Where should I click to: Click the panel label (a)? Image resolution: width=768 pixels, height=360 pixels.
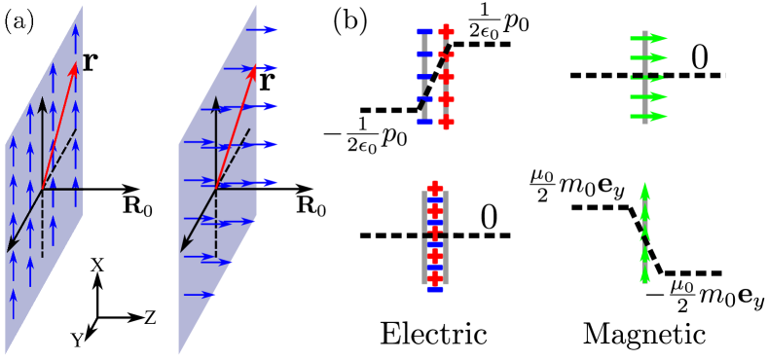19,21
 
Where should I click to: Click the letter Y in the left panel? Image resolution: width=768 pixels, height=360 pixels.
76,341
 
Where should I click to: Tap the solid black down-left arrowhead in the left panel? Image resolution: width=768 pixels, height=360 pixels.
11,245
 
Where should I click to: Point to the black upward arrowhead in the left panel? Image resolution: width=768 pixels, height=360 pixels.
43,103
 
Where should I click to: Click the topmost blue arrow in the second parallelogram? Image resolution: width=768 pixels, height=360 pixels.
262,30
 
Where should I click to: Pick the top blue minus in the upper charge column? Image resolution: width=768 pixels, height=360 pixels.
424,32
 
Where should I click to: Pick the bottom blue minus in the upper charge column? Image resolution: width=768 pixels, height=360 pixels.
424,123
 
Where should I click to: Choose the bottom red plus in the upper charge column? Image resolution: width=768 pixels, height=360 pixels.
446,123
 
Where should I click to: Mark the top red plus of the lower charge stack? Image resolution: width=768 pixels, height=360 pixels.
435,189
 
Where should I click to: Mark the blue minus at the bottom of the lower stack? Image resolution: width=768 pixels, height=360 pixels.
435,288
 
